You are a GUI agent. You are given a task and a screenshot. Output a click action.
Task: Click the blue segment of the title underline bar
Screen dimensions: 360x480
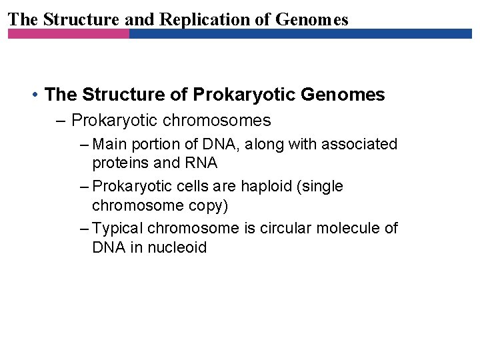[x=300, y=33]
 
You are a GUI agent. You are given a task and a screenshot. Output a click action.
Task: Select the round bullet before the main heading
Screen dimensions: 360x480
[x=34, y=95]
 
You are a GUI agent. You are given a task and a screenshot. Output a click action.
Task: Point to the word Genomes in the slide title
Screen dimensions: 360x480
[x=312, y=19]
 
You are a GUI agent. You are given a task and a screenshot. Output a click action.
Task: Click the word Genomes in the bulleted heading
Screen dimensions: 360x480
[x=343, y=95]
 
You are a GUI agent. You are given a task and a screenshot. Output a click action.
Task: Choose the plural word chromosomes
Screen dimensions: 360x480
[x=217, y=121]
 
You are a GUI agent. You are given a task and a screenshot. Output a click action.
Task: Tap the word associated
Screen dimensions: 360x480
[x=361, y=144]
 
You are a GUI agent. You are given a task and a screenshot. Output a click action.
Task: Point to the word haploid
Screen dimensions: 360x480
[x=265, y=187]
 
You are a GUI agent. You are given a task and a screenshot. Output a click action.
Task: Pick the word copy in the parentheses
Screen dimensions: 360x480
[x=210, y=205]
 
